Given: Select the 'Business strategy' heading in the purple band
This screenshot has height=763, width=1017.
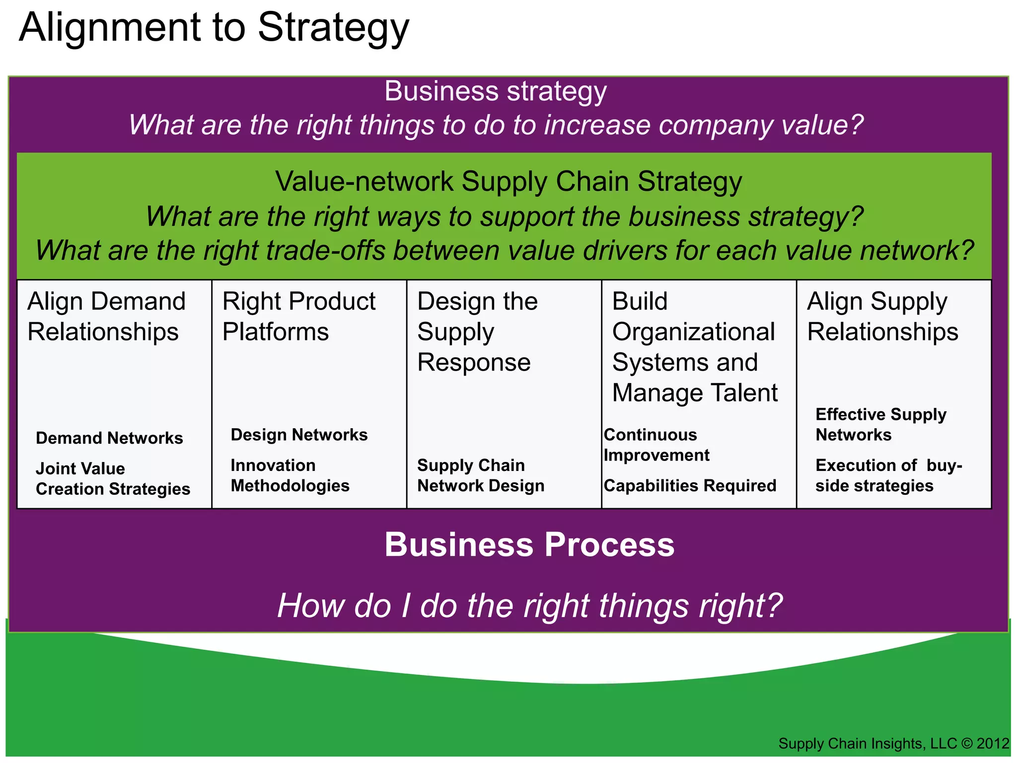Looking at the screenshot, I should point(496,91).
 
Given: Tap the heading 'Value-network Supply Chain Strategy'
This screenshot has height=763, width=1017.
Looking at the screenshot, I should point(508,182).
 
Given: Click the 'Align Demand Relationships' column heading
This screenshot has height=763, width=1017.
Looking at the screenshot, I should point(106,316).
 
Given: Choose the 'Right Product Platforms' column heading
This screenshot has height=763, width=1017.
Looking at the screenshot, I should point(298,316).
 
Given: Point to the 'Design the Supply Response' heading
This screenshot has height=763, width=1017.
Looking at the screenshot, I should point(477,331).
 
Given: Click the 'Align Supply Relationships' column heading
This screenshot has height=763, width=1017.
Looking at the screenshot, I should point(882,316).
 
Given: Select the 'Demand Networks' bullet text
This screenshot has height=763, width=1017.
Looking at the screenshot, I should point(109,438).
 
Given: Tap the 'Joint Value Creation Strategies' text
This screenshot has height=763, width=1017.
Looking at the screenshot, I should point(113,479).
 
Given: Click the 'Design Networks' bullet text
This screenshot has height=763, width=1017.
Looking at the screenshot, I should point(299,435).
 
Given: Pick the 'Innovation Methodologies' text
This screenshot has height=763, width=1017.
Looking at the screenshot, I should point(290,475).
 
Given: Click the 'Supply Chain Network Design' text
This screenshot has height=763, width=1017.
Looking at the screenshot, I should point(481,475).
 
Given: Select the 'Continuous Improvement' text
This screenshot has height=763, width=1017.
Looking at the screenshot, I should point(656,445).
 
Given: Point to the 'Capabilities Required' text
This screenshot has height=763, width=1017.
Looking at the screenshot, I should point(690,485).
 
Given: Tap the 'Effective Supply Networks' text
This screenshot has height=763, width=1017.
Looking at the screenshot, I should point(880,424).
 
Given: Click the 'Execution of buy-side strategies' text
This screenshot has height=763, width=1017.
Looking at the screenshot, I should point(888,475).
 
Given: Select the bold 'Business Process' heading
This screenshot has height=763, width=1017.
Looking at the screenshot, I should point(529,545).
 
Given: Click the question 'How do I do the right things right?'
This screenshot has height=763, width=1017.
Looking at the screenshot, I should point(529,606).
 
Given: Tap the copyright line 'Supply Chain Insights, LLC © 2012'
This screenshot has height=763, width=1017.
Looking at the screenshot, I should point(893,744).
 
